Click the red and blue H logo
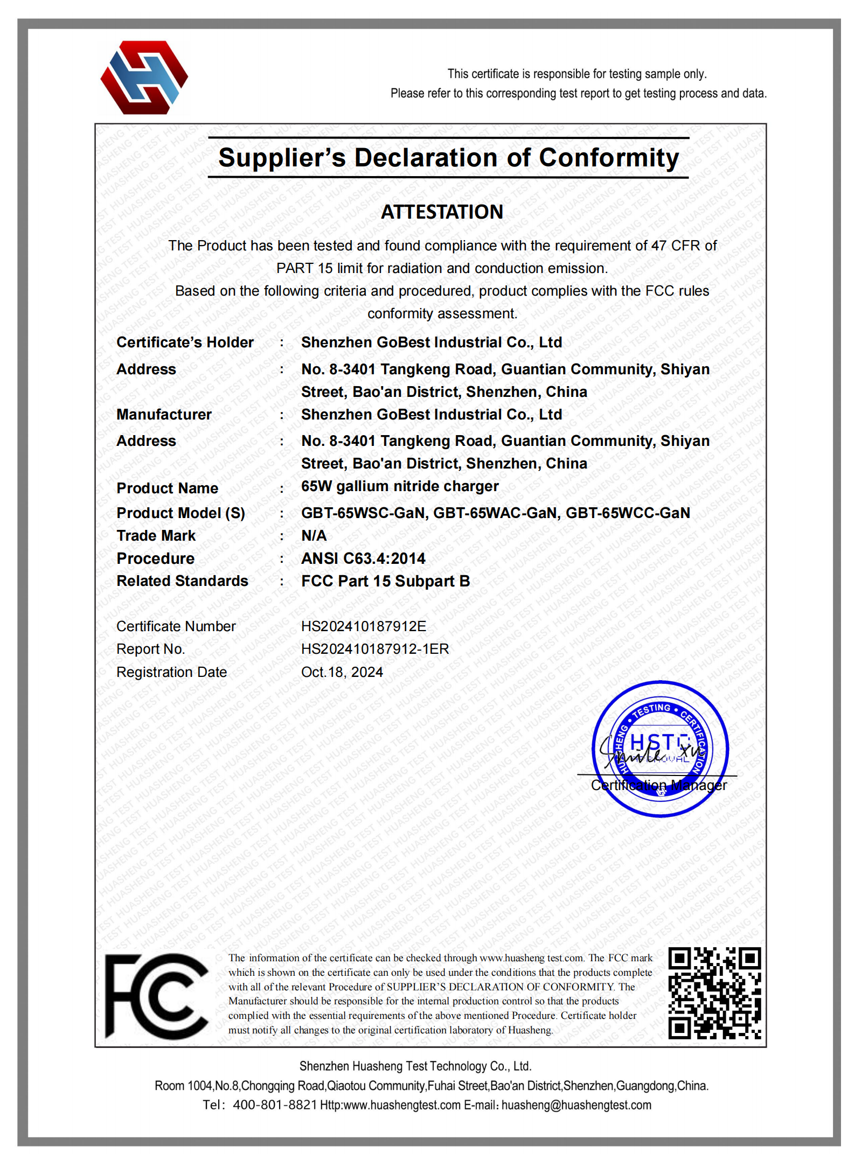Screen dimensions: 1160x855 pyautogui.click(x=144, y=78)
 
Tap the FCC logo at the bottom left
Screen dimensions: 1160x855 pyautogui.click(x=156, y=996)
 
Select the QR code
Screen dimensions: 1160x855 pyautogui.click(x=714, y=993)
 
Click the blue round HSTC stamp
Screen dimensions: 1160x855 pyautogui.click(x=660, y=749)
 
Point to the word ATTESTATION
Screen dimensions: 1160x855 pyautogui.click(x=442, y=212)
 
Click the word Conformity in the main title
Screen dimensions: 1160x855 pyautogui.click(x=609, y=158)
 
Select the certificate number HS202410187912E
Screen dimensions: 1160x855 pyautogui.click(x=364, y=626)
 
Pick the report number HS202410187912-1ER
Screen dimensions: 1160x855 pyautogui.click(x=375, y=649)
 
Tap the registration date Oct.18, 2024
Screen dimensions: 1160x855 pyautogui.click(x=342, y=672)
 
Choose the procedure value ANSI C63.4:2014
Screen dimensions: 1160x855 pyautogui.click(x=363, y=558)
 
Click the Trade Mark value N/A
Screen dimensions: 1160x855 pyautogui.click(x=314, y=536)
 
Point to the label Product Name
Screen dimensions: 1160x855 pyautogui.click(x=168, y=488)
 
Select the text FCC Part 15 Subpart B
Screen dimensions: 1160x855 pyautogui.click(x=385, y=581)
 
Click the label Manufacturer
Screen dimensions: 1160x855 pyautogui.click(x=164, y=415)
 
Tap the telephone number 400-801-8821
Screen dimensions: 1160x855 pyautogui.click(x=275, y=1105)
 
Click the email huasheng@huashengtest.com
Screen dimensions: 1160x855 pyautogui.click(x=576, y=1105)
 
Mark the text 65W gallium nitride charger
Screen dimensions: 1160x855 pyautogui.click(x=400, y=486)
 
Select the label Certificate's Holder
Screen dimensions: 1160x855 pyautogui.click(x=185, y=343)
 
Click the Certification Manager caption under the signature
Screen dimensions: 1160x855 pyautogui.click(x=658, y=785)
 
